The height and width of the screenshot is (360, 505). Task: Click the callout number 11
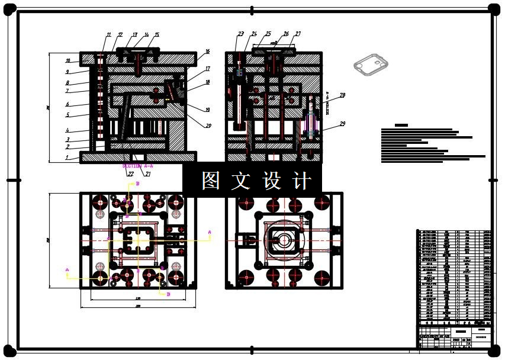(x=108, y=35)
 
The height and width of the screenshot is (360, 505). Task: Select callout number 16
(x=207, y=52)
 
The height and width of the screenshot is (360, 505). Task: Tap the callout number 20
(x=208, y=125)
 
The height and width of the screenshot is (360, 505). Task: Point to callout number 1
(x=67, y=157)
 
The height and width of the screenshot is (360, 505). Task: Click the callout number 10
(x=67, y=60)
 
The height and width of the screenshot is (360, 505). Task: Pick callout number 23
(x=241, y=34)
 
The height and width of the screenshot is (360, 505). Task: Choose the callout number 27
(x=298, y=34)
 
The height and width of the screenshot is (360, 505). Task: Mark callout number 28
(x=343, y=95)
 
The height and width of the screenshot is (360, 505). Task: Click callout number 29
(x=343, y=124)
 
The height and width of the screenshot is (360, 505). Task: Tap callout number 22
(x=130, y=174)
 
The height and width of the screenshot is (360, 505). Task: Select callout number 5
(x=67, y=115)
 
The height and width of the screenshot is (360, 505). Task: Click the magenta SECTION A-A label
(x=137, y=166)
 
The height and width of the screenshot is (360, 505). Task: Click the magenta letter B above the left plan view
(x=138, y=184)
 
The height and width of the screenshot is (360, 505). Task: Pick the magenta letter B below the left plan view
(x=169, y=294)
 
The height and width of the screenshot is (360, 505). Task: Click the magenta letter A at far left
(x=67, y=270)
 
